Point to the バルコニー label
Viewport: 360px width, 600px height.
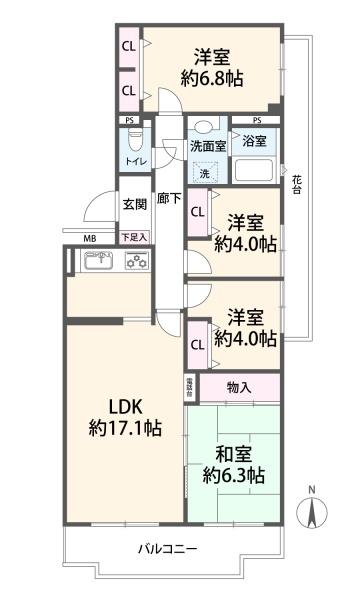pyautogui.click(x=167, y=549)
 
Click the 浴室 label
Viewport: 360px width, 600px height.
pyautogui.click(x=256, y=141)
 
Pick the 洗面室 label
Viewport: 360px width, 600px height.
pyautogui.click(x=208, y=145)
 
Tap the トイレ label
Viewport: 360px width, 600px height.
pyautogui.click(x=132, y=161)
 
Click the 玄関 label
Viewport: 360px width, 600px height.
pyautogui.click(x=134, y=204)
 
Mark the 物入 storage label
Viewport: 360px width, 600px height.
pyautogui.click(x=239, y=387)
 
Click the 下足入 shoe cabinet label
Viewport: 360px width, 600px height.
pyautogui.click(x=133, y=237)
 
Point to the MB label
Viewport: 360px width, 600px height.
pyautogui.click(x=90, y=237)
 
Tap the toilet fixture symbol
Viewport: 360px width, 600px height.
pyautogui.click(x=133, y=138)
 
